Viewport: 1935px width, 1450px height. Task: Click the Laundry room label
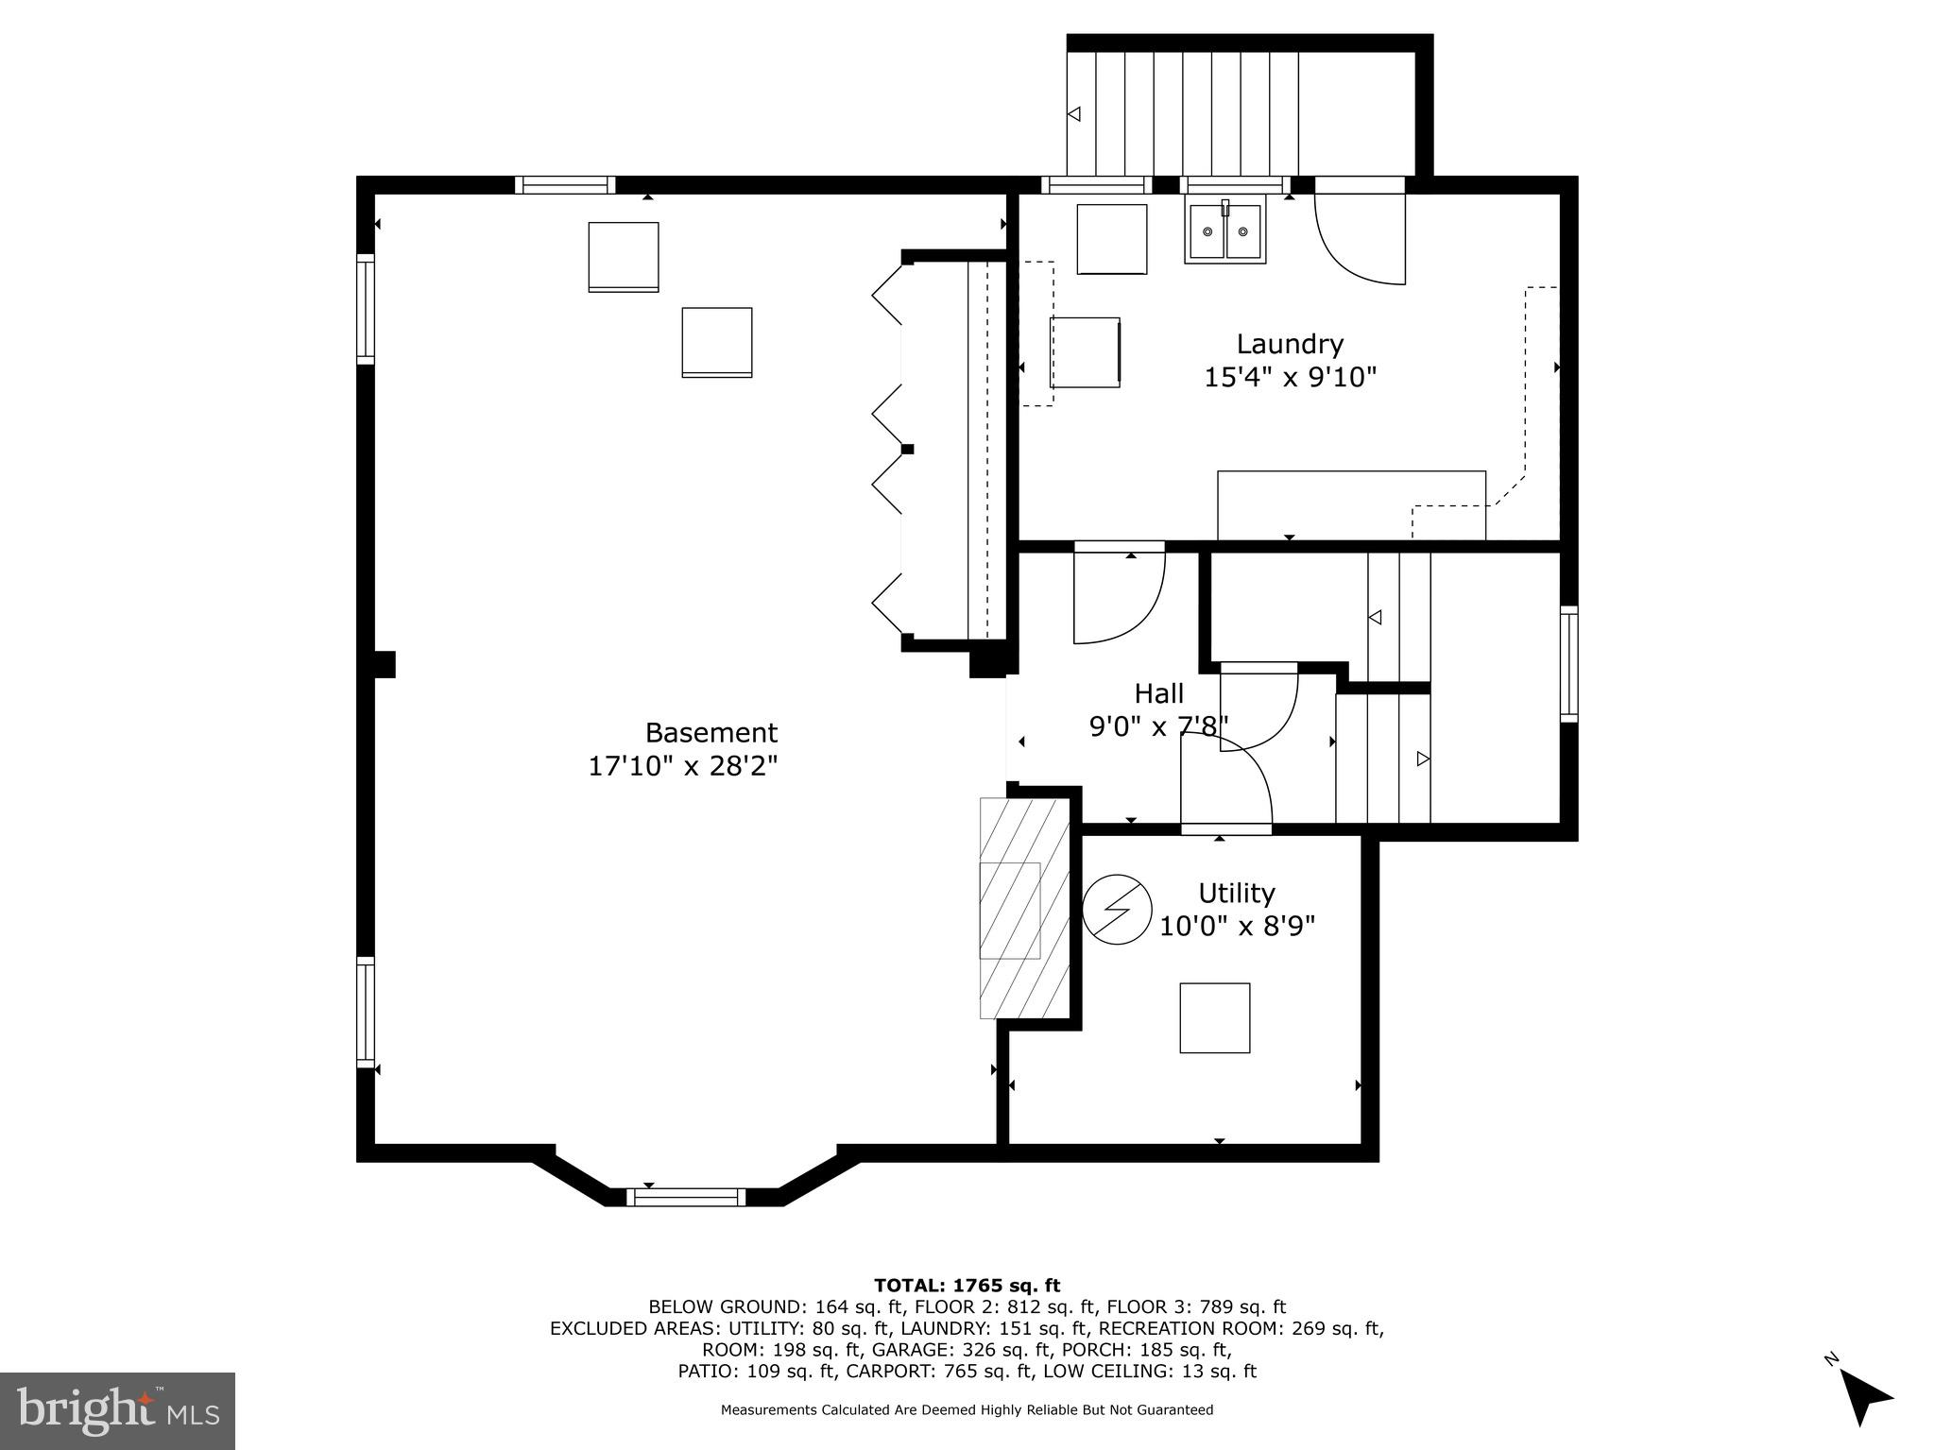point(1290,344)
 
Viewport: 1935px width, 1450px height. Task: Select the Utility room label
point(1236,893)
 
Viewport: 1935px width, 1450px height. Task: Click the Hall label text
point(1158,693)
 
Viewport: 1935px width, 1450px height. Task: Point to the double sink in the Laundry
point(1224,232)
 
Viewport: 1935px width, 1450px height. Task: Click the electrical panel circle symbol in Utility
point(1117,910)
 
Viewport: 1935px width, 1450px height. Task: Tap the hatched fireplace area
point(1024,908)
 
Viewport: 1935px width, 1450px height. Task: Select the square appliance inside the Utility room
point(1214,1017)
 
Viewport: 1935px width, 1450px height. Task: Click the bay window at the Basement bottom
point(686,1197)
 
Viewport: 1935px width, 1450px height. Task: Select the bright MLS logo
point(117,1410)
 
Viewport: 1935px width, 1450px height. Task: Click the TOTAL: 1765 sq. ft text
point(967,1285)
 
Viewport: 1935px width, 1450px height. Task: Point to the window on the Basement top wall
point(565,185)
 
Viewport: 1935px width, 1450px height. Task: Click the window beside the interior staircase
point(1568,664)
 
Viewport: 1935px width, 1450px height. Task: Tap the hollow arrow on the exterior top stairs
point(1073,114)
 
